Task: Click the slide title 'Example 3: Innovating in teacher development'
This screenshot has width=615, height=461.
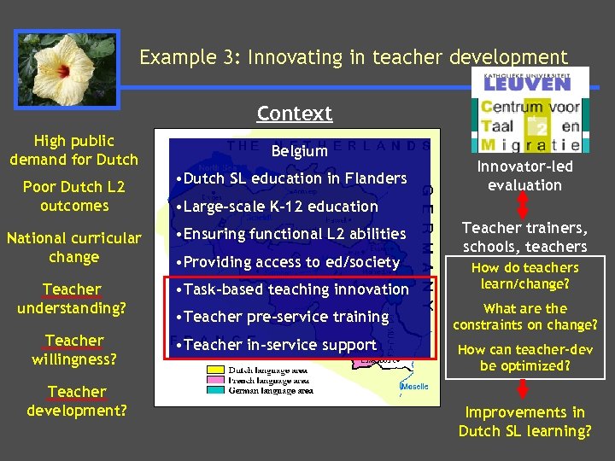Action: (354, 57)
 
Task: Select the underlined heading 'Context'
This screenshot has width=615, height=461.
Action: (294, 113)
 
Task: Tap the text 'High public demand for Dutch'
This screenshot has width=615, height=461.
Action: (73, 149)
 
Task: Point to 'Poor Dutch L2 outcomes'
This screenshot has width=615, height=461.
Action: (73, 195)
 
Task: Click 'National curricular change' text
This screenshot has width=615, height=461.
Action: (73, 247)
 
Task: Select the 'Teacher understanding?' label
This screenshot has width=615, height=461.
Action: (73, 298)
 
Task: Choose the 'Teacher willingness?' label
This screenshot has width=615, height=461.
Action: (73, 349)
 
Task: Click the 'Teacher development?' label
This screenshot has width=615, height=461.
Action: (76, 400)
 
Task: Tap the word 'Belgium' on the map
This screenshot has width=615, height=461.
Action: (299, 150)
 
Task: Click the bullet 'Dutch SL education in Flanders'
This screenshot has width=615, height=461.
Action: (290, 178)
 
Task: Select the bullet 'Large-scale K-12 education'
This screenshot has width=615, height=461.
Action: (275, 206)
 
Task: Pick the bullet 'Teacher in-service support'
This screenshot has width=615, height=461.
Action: (274, 344)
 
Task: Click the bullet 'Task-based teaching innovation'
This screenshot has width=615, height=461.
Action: (290, 289)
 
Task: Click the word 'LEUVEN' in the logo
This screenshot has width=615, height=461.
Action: (527, 84)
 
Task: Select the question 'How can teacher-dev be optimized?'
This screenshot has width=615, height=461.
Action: (524, 357)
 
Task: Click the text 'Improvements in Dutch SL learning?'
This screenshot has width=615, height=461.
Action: (524, 422)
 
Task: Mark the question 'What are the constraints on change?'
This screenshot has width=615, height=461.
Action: (524, 316)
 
